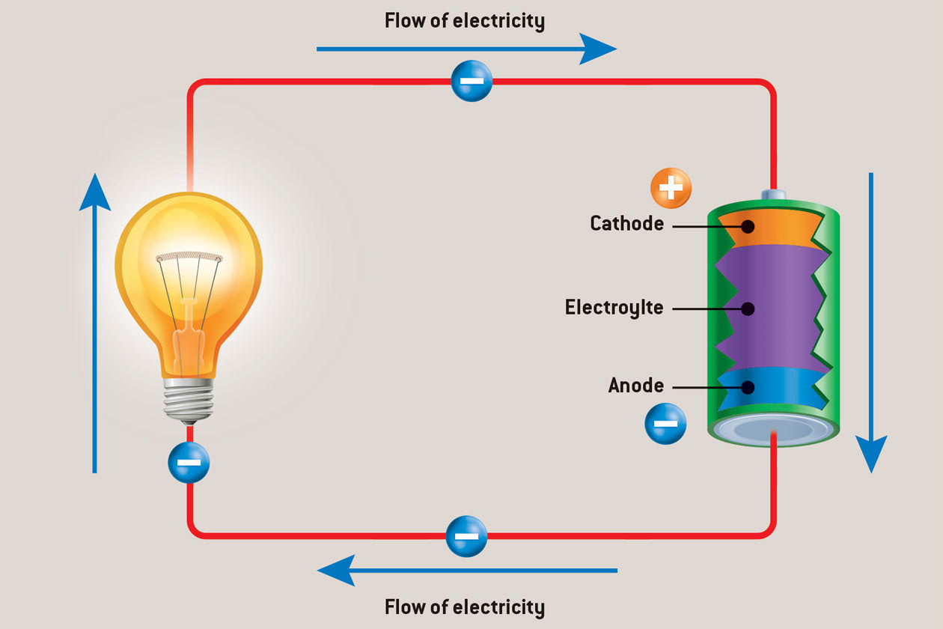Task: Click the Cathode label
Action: [x=626, y=223]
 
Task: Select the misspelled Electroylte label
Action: [x=614, y=308]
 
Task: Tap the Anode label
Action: [x=635, y=386]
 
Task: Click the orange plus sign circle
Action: [x=671, y=188]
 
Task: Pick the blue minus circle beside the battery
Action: [x=665, y=424]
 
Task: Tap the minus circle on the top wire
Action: [x=471, y=81]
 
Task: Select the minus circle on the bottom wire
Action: [x=466, y=536]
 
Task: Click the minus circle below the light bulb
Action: [x=189, y=462]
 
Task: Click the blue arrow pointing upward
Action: [x=94, y=322]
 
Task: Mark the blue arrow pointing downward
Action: [x=871, y=322]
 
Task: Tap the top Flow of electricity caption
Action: [x=464, y=20]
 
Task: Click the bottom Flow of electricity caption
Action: [x=464, y=606]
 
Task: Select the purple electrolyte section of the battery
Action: [x=771, y=307]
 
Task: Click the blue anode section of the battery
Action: [x=771, y=388]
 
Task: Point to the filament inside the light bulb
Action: [x=189, y=259]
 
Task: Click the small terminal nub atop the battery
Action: [x=773, y=195]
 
